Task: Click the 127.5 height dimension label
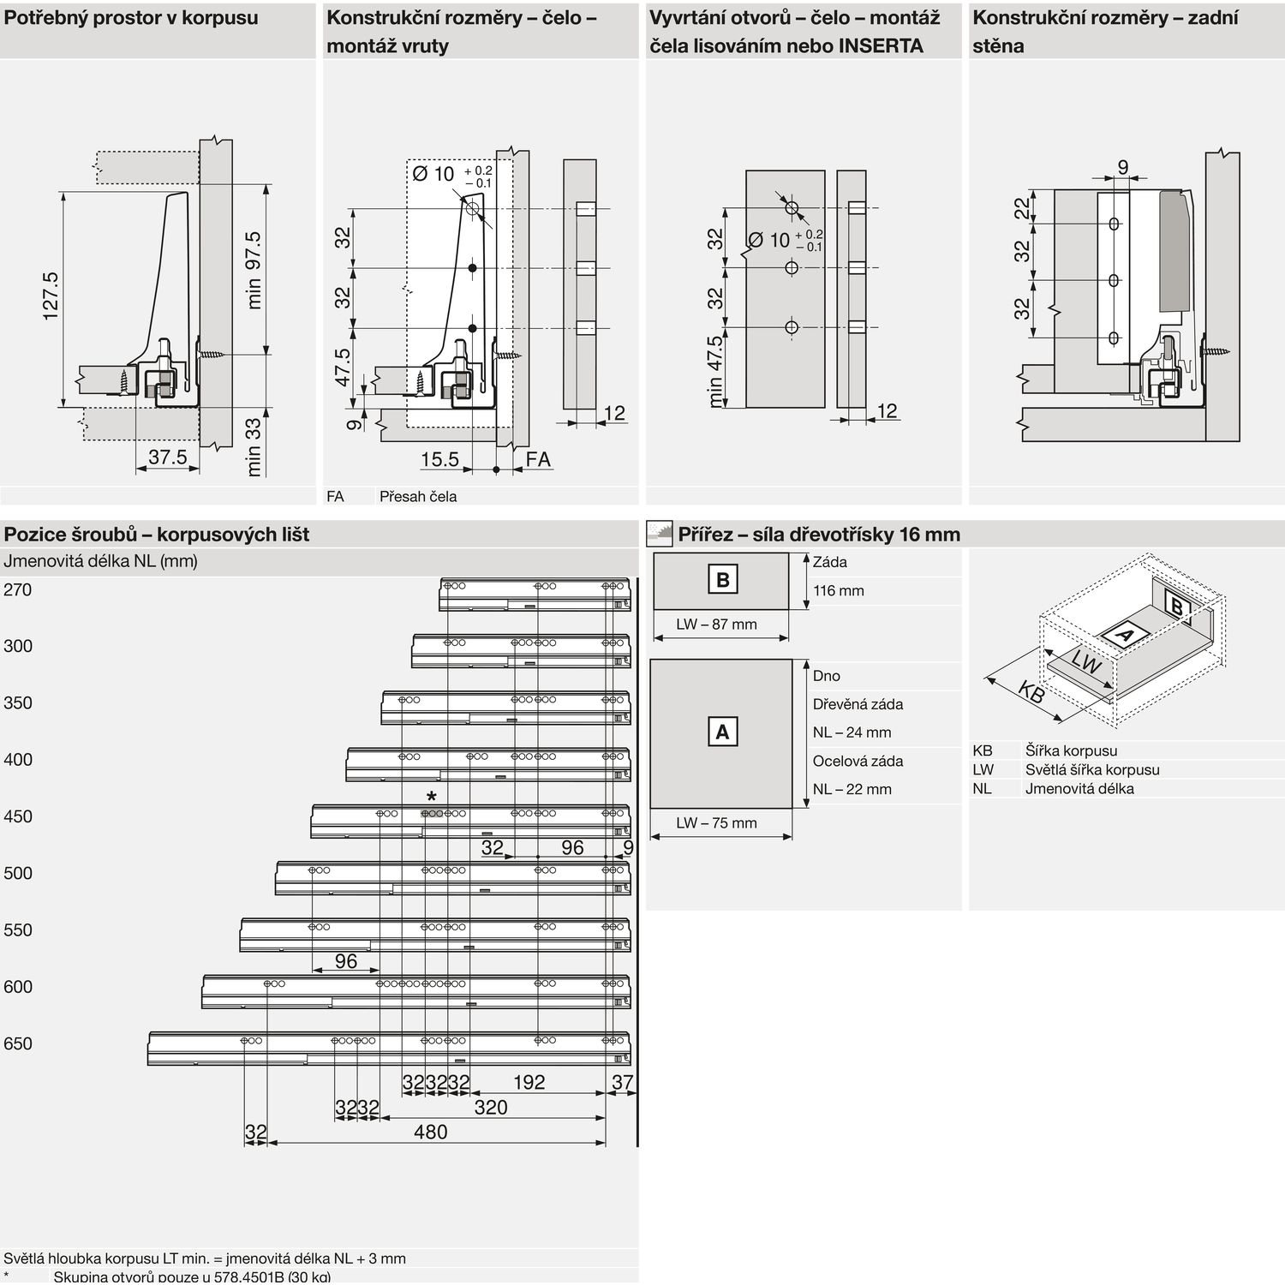[x=51, y=296]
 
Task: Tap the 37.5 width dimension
[x=167, y=457]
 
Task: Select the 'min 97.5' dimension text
[x=254, y=270]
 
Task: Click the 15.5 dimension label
[x=440, y=460]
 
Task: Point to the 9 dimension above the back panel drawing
[x=1123, y=168]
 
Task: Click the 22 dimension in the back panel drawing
[x=1022, y=208]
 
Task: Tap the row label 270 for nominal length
[x=17, y=589]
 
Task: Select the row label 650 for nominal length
[x=17, y=1043]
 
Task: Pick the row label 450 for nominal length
[x=17, y=816]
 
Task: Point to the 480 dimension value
[x=430, y=1132]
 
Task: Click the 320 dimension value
[x=491, y=1107]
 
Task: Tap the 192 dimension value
[x=529, y=1082]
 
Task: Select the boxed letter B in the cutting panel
[x=722, y=580]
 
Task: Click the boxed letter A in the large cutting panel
[x=722, y=732]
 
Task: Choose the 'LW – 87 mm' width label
[x=716, y=625]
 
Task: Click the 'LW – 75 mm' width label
[x=716, y=823]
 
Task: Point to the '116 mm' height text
[x=839, y=590]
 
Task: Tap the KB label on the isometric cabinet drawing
[x=1031, y=692]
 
